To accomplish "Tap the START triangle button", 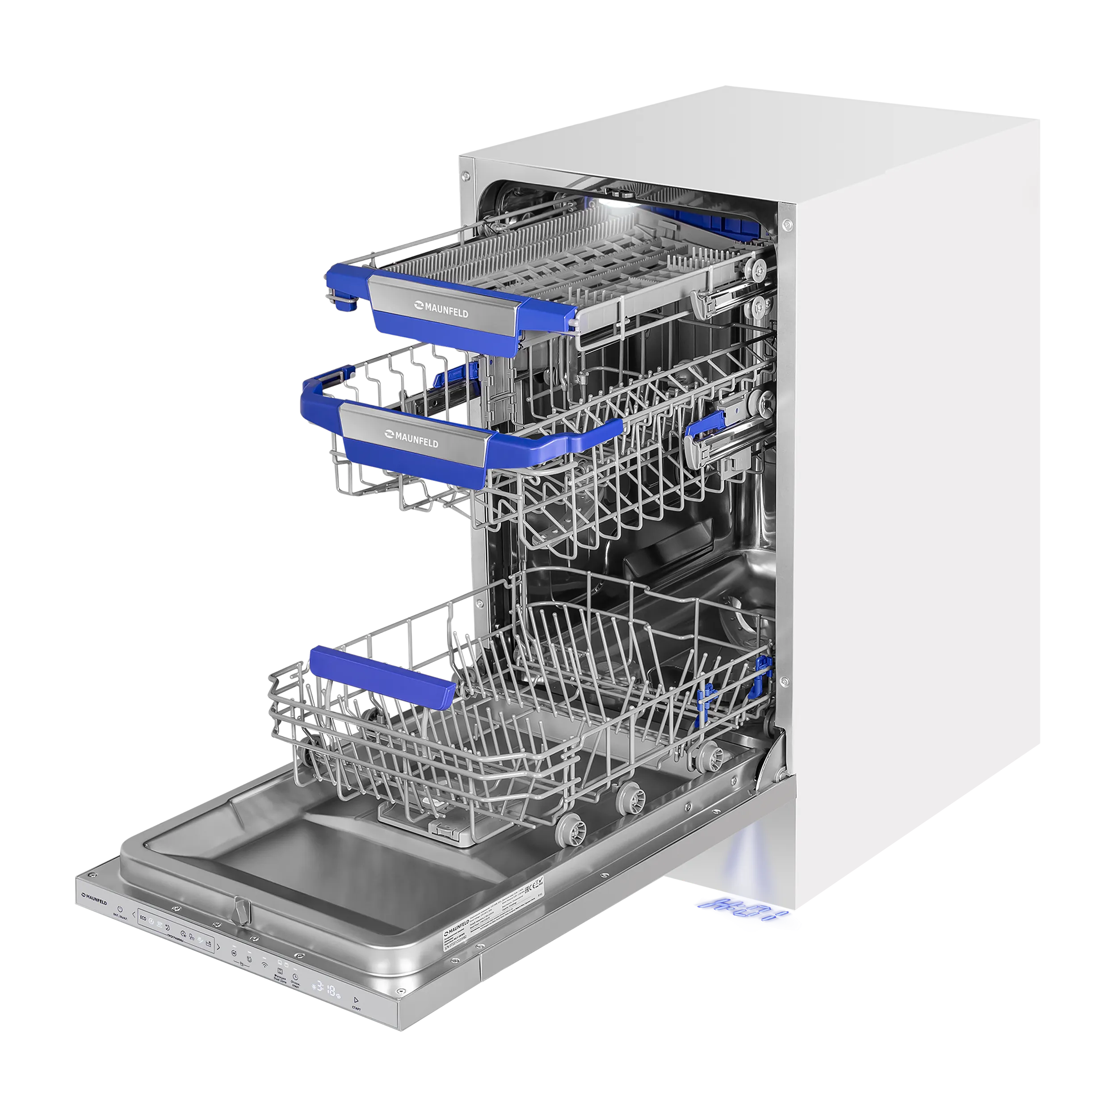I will pyautogui.click(x=356, y=1000).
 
